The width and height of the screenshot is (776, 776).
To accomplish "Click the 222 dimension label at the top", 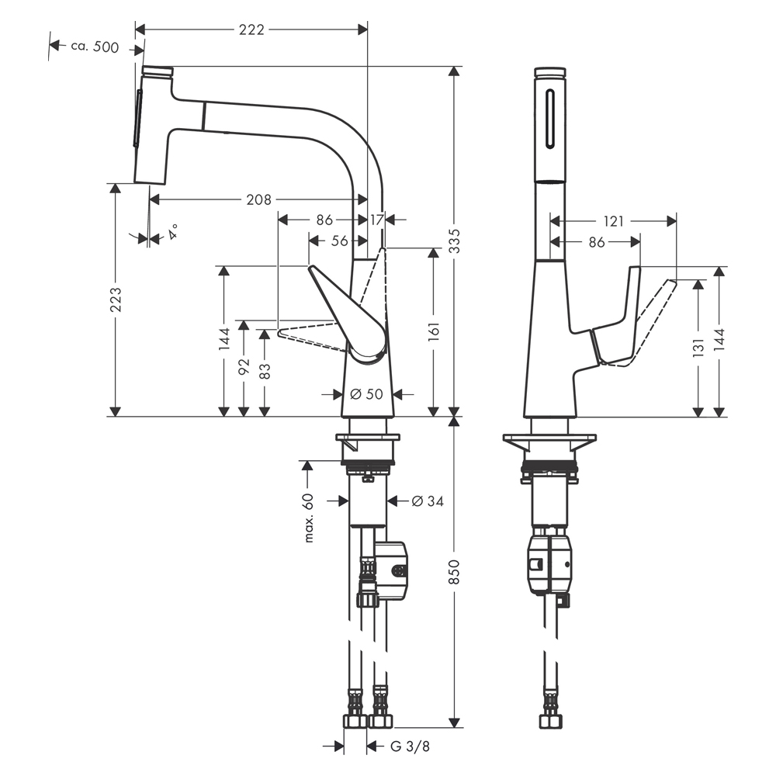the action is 251,29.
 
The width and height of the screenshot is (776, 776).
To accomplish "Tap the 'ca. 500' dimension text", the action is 95,47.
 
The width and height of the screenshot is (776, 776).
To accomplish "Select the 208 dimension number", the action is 259,199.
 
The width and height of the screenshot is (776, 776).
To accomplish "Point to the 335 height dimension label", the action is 454,241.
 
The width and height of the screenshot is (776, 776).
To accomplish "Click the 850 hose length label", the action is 454,572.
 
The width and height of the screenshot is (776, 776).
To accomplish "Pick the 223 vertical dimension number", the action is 116,300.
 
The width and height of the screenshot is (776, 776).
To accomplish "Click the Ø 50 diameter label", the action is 367,394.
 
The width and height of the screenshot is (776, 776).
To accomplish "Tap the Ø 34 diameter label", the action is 428,501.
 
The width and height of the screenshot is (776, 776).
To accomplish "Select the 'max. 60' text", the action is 309,518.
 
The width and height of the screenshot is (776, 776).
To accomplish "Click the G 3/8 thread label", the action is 411,747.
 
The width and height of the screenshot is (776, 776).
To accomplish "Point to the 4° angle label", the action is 172,231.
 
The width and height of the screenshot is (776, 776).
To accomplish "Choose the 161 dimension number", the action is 434,331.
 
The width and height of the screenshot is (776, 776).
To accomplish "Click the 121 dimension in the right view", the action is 614,221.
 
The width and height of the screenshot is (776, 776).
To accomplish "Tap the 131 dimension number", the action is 698,348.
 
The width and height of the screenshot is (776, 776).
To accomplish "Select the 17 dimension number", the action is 376,220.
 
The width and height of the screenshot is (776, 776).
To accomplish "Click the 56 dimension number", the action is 340,241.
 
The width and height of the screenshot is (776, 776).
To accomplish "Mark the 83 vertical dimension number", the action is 265,371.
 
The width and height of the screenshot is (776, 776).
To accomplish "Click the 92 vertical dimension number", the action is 244,367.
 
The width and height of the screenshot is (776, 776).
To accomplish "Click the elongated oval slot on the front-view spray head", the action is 549,118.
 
